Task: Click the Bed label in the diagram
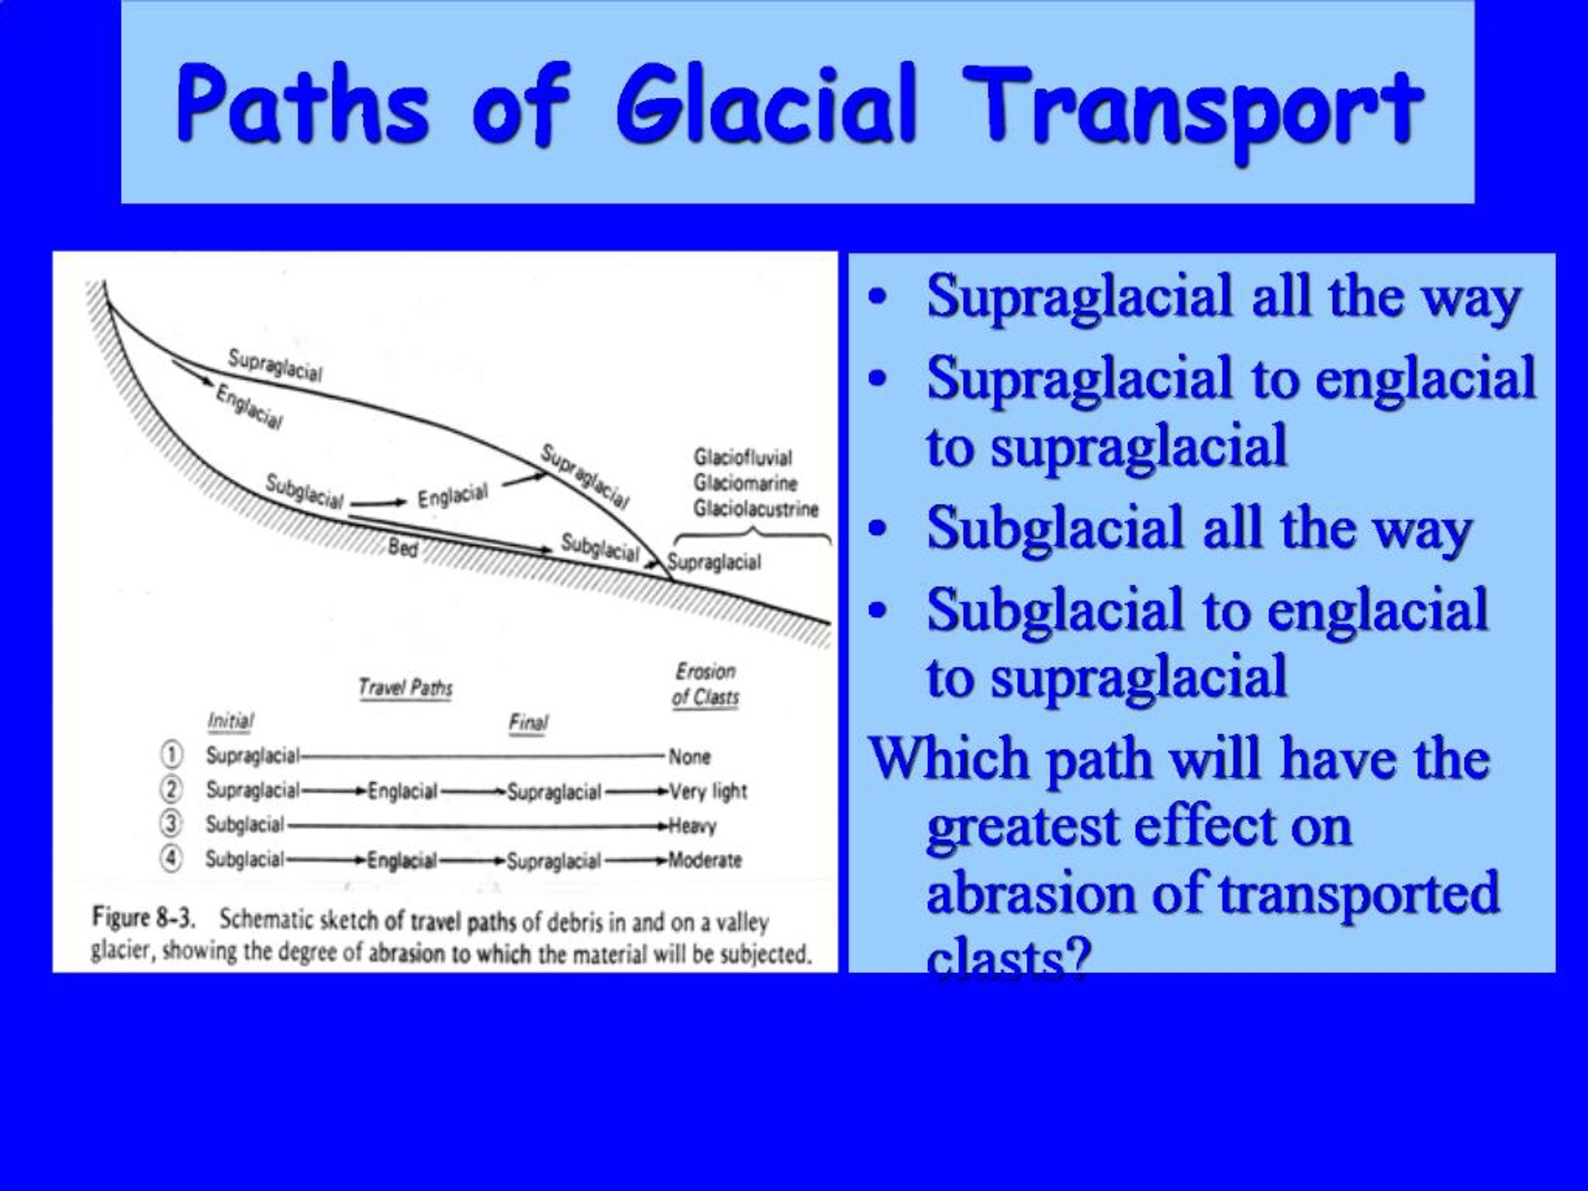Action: (402, 548)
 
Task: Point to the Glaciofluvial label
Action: (743, 457)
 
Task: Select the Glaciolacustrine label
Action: (756, 509)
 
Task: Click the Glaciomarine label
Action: (745, 483)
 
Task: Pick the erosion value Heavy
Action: (693, 826)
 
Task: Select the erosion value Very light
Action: (708, 791)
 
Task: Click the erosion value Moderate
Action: (705, 860)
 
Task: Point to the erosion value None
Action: (689, 757)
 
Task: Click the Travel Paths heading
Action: (406, 688)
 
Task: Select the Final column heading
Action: (529, 722)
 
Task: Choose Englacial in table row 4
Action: (401, 860)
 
